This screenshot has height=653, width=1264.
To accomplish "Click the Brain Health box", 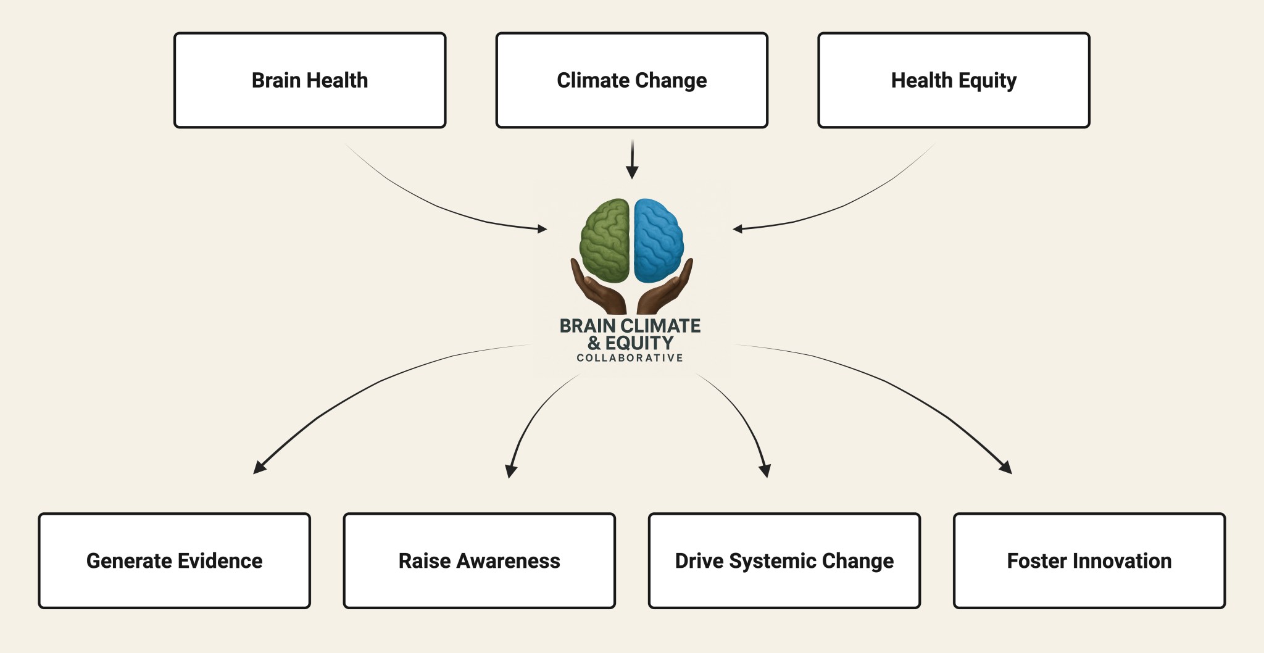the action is click(310, 80).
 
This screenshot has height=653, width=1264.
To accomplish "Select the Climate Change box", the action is click(631, 80).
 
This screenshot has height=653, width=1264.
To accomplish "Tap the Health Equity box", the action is click(954, 80).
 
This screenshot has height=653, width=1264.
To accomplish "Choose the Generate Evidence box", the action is click(174, 560).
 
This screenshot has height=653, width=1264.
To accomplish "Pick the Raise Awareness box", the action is click(479, 560).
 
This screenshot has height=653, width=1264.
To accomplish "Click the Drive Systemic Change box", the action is click(784, 560).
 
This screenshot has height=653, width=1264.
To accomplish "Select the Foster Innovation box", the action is click(1089, 560).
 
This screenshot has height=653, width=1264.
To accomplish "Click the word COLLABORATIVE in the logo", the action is click(630, 358).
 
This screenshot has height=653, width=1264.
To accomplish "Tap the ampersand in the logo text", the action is click(594, 343).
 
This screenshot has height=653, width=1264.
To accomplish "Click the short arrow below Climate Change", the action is click(632, 159).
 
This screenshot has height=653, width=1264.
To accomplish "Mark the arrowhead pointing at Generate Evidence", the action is click(259, 468).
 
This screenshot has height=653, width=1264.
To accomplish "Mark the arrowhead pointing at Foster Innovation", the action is click(1006, 468).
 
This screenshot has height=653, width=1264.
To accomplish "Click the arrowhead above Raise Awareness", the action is click(510, 472).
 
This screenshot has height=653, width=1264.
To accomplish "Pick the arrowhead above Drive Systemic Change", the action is click(765, 471).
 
